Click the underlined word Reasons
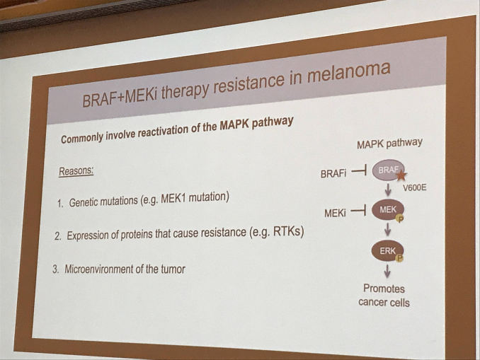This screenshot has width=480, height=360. coord(76,172)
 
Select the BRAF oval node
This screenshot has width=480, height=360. coord(388,170)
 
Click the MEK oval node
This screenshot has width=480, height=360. coord(388,209)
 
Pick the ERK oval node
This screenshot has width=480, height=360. coord(388,250)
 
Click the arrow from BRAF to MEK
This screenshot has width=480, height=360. coord(389,190)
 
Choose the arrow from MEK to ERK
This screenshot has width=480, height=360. coord(389,230)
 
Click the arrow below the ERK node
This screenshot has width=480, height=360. coord(388,271)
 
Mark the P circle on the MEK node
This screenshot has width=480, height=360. coord(400,217)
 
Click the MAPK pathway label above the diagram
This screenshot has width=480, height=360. coord(389,144)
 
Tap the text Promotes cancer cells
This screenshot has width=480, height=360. coord(387,295)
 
